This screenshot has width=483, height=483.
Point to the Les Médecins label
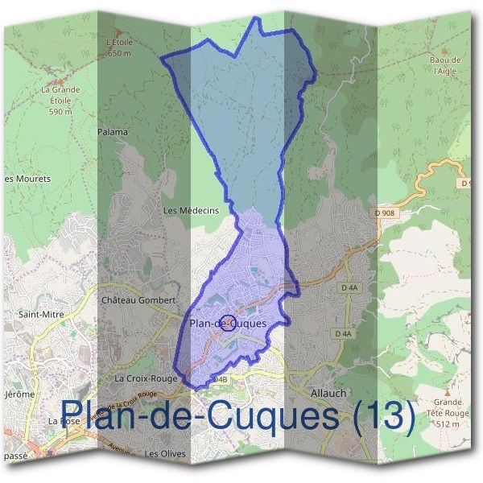191,211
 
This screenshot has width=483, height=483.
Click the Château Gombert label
138,300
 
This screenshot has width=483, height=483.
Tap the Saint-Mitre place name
40,315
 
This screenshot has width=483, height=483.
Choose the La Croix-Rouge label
146,378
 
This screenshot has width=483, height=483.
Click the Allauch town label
328,393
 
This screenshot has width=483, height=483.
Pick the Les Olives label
165,455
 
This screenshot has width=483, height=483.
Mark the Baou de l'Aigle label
445,65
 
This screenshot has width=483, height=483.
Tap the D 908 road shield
386,213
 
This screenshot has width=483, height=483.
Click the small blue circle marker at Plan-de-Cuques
228,323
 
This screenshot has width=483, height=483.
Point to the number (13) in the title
384,416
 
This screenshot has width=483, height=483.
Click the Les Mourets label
27,179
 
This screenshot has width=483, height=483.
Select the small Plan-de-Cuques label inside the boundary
228,324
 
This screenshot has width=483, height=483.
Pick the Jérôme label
19,394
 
